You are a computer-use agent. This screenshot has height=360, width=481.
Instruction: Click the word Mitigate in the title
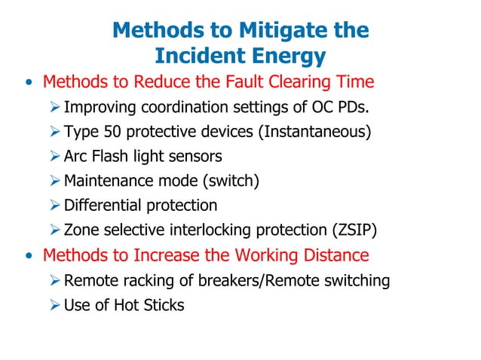273,31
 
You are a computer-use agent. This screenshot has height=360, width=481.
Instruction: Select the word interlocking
206,230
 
